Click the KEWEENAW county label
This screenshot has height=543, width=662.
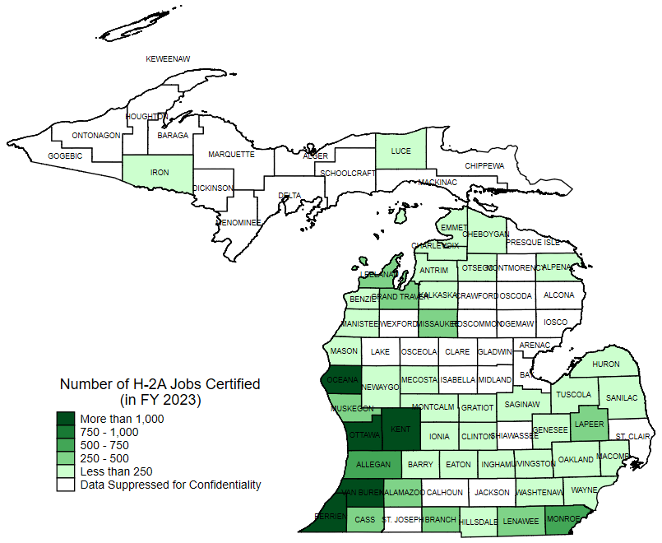click(x=168, y=59)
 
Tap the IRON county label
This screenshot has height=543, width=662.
click(x=160, y=173)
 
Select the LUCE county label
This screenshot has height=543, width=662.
click(x=400, y=151)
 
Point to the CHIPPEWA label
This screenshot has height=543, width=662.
click(x=484, y=165)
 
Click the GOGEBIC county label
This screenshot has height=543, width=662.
click(x=65, y=155)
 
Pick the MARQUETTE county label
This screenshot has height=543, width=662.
click(x=231, y=154)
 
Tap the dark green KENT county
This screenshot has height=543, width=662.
click(x=400, y=429)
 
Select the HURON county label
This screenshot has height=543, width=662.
click(x=606, y=364)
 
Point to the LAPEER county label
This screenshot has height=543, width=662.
click(x=589, y=425)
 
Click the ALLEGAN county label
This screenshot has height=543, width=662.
click(x=373, y=465)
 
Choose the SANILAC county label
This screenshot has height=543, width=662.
click(x=621, y=397)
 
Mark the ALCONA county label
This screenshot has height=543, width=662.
click(x=559, y=295)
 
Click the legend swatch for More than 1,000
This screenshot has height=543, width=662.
click(x=66, y=419)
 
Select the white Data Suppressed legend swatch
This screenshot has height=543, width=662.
click(x=66, y=485)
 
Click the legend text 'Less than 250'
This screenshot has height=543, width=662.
click(x=117, y=471)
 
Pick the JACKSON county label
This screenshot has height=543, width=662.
click(x=492, y=492)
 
